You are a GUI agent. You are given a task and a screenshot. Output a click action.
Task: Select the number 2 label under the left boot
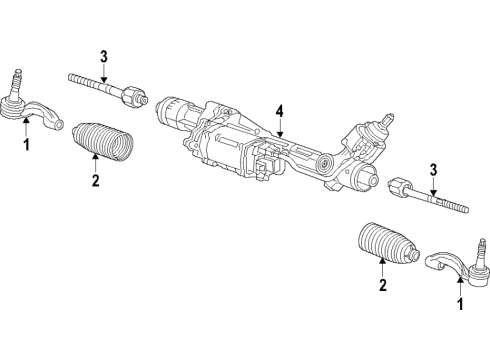click(x=95, y=180)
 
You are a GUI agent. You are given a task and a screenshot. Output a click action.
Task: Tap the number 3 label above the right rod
click(x=432, y=169)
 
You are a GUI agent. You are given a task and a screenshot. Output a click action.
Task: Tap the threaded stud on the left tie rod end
click(x=17, y=78)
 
